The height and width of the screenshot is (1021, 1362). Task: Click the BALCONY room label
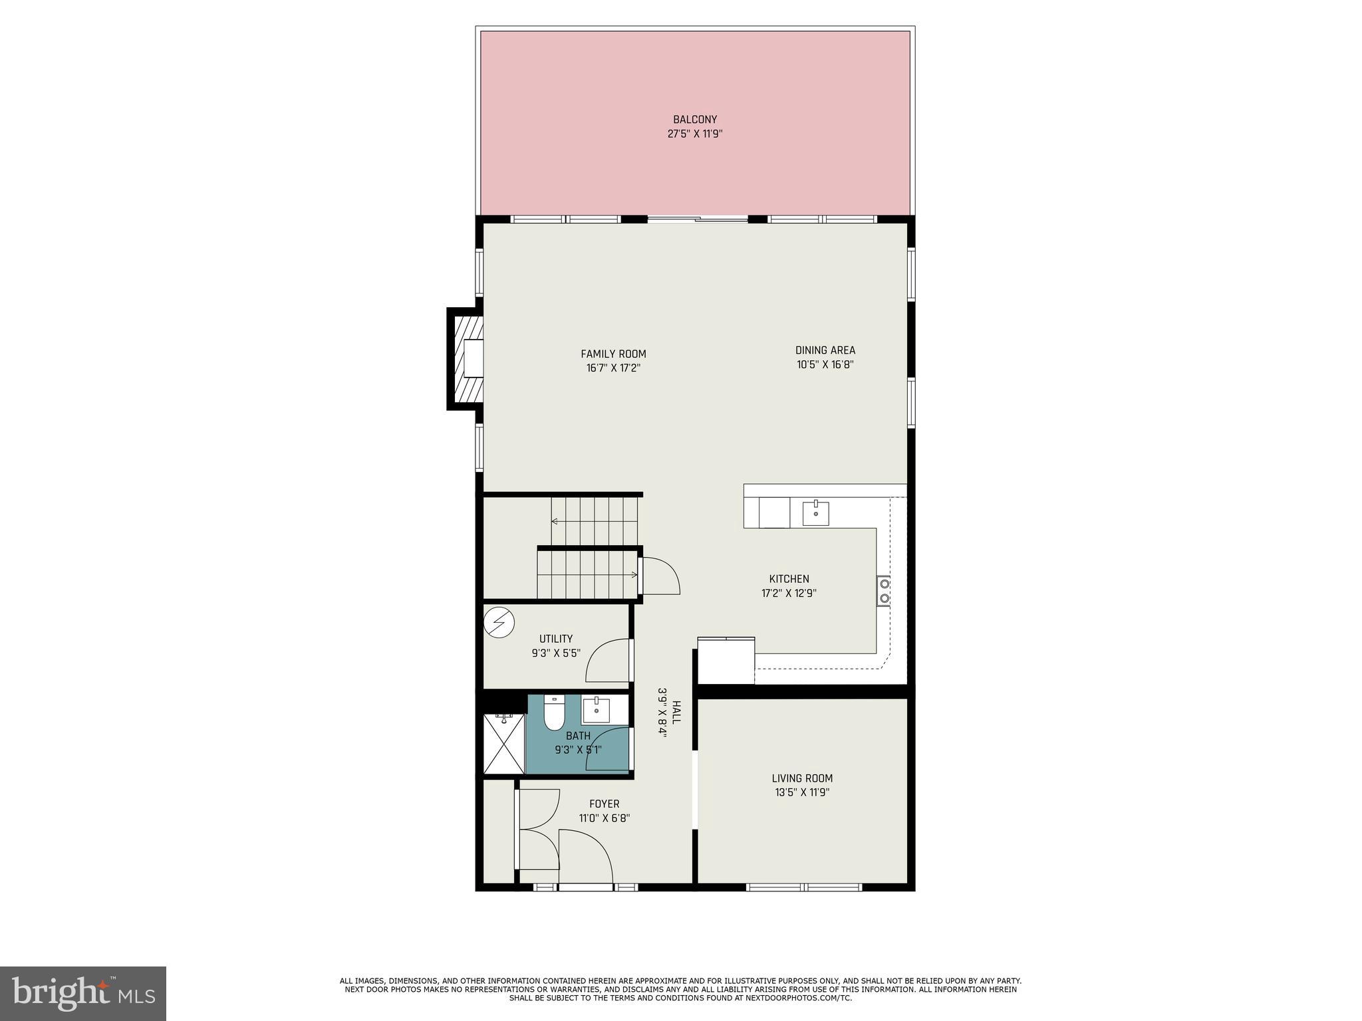(694, 120)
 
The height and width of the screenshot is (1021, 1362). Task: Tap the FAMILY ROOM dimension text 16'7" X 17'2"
(613, 368)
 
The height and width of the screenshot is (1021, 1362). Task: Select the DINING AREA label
(825, 350)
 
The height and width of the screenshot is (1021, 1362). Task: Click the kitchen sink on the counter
(815, 513)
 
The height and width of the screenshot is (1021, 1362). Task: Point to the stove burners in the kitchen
(884, 591)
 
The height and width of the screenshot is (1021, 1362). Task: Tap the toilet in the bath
(553, 713)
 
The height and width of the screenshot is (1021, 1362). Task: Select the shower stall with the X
(504, 744)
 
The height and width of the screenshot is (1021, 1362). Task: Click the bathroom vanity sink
(597, 711)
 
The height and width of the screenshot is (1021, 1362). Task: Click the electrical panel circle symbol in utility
(499, 622)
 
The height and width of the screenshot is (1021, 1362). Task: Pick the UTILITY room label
(556, 639)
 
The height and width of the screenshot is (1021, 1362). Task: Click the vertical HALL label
(676, 713)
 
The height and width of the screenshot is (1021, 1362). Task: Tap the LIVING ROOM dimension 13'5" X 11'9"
(802, 792)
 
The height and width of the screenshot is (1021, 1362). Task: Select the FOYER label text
(604, 804)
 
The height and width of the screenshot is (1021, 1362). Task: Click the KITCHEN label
(789, 579)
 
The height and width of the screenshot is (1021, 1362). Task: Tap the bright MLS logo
(83, 994)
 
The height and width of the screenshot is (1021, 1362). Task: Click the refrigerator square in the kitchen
(726, 661)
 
